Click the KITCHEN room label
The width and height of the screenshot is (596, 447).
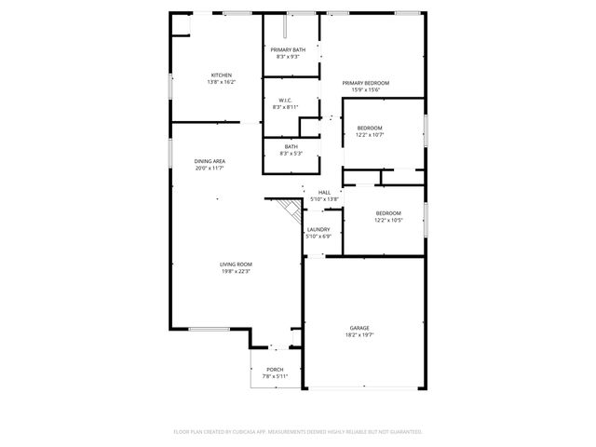tap(221, 74)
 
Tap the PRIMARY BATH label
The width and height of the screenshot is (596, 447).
tap(288, 49)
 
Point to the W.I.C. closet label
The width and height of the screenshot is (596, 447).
tap(286, 101)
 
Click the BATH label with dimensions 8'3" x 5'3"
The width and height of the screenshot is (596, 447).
tap(291, 146)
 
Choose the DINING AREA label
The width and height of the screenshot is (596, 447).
tap(210, 161)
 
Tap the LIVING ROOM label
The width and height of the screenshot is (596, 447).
tap(236, 264)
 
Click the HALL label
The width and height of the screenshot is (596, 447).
tap(324, 192)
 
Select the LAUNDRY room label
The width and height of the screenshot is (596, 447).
tap(318, 229)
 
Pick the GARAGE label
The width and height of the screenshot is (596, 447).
tap(359, 328)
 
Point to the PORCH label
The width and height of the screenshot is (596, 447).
tap(275, 370)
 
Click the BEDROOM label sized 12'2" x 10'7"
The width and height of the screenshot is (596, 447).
tap(370, 128)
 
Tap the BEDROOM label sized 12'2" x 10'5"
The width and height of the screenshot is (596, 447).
tap(388, 213)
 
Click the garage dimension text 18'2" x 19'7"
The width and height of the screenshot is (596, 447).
tap(359, 334)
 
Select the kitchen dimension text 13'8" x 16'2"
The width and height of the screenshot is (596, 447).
tap(221, 82)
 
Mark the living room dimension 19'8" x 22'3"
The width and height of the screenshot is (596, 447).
tap(236, 271)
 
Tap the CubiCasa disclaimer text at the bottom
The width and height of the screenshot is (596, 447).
tap(298, 431)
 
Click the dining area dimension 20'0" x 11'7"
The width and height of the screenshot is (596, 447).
tap(210, 168)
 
